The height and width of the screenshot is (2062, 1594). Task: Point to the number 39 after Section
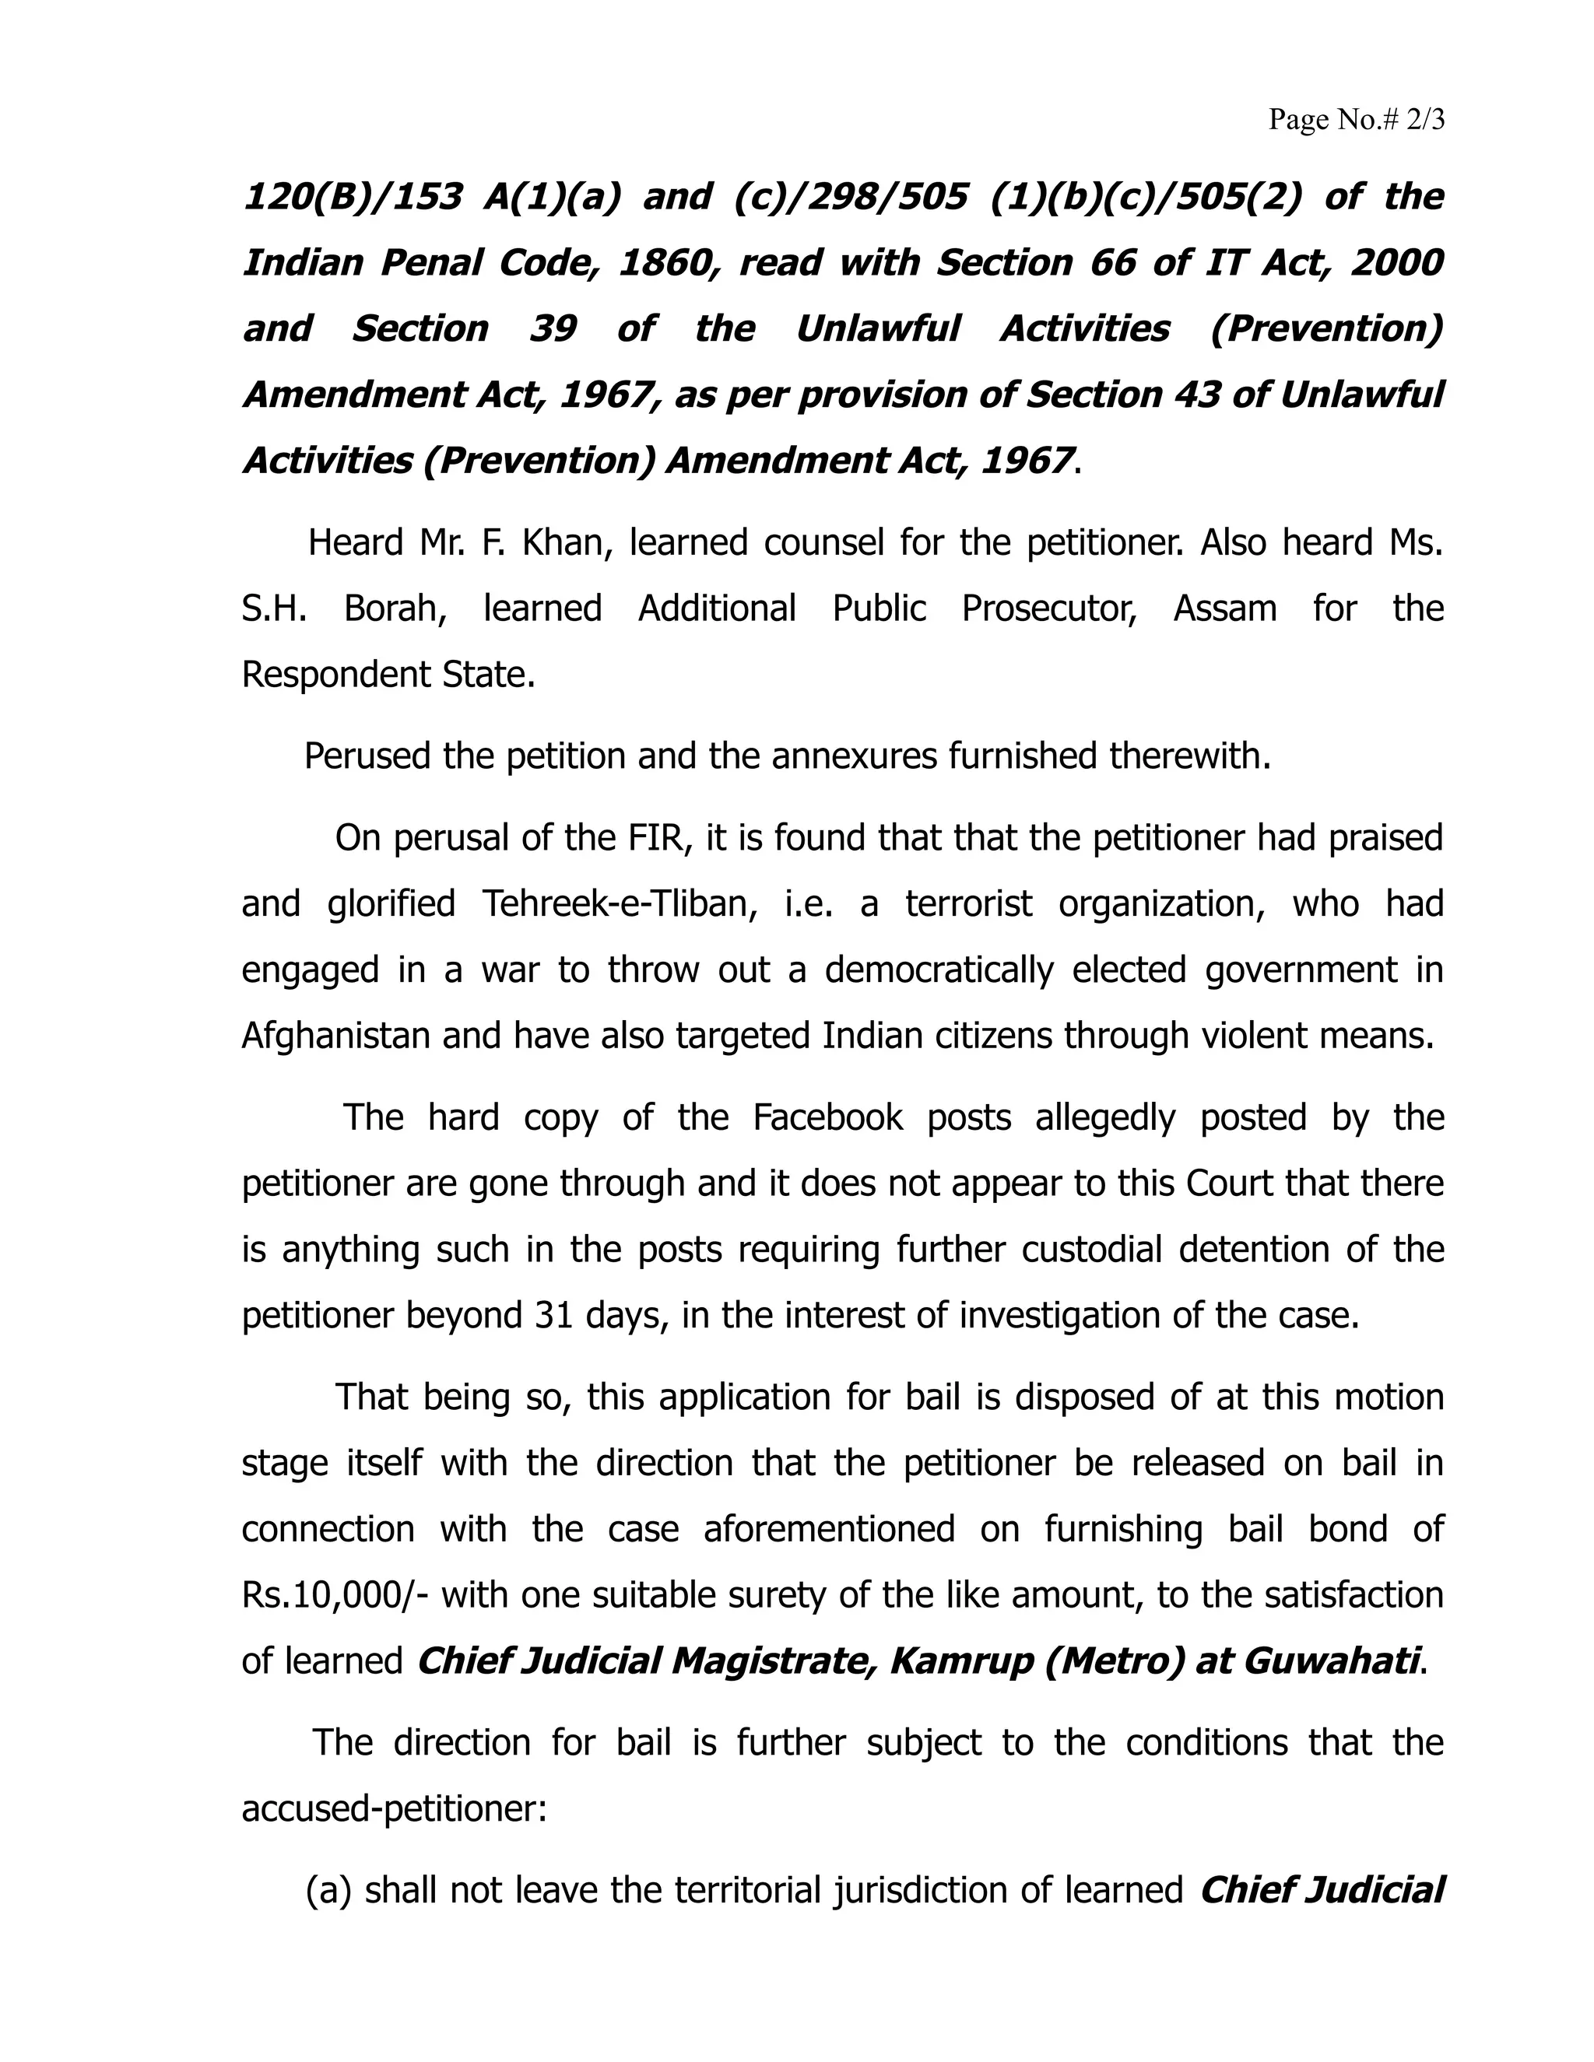click(553, 328)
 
